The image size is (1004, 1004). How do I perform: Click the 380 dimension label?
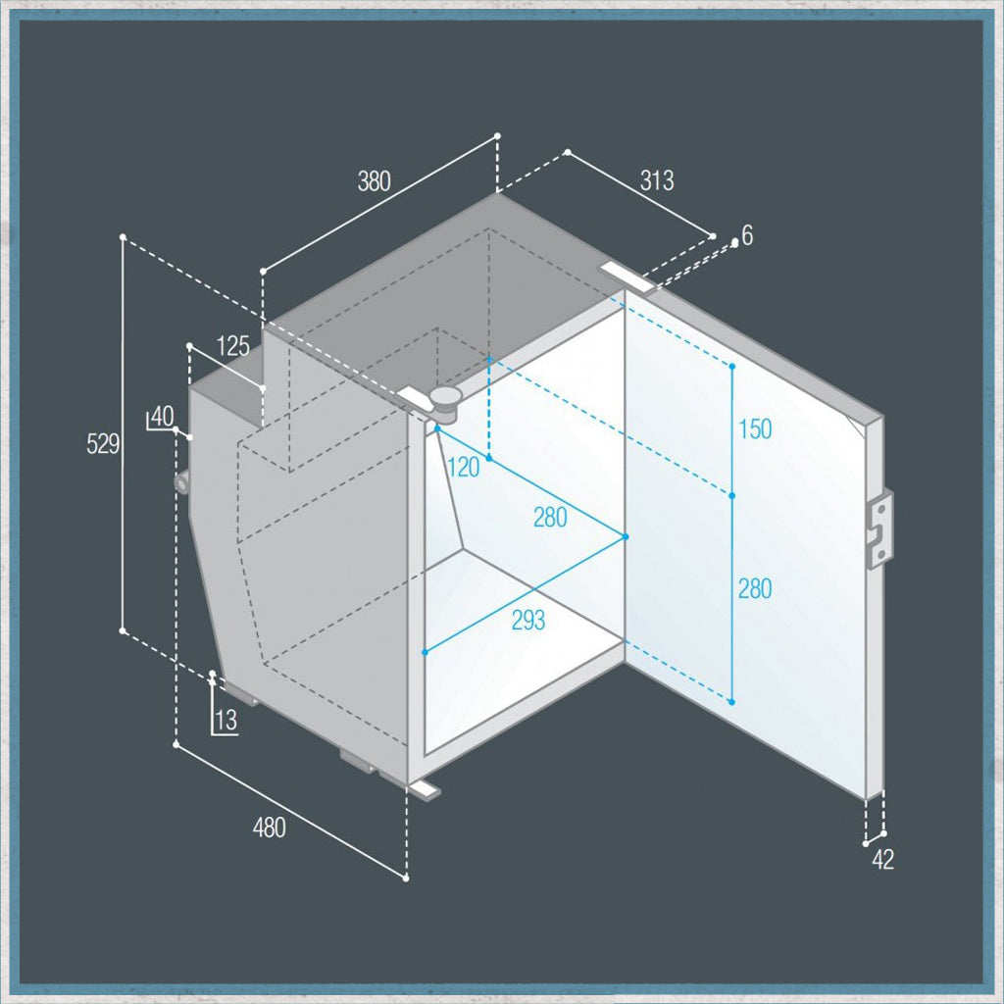374,181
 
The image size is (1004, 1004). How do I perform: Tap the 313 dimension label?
657,180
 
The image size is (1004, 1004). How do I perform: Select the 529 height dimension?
103,443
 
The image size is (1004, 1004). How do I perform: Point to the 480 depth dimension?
269,828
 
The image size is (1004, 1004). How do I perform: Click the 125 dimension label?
233,346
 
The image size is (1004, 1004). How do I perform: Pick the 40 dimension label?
163,416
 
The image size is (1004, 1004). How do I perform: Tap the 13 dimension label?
226,720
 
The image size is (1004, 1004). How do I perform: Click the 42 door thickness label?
882,859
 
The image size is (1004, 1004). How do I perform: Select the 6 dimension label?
747,235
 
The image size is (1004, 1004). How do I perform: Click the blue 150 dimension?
756,428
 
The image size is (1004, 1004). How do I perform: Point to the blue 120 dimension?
464,468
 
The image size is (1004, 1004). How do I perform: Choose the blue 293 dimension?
528,620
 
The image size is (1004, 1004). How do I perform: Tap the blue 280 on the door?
755,588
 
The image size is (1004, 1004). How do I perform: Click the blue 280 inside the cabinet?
550,517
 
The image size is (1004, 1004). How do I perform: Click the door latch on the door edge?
878,528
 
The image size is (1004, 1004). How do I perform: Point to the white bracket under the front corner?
424,789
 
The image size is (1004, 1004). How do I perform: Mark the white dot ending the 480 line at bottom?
406,878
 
